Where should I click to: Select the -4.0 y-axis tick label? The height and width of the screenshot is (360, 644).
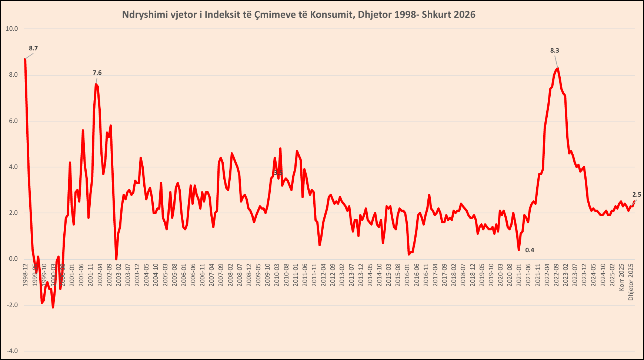12,351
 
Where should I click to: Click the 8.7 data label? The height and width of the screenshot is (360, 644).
33,49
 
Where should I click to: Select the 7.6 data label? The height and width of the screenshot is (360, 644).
97,73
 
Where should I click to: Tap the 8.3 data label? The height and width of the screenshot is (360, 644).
554,51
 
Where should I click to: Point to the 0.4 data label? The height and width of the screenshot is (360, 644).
530,250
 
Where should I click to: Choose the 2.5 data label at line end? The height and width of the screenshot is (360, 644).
637,195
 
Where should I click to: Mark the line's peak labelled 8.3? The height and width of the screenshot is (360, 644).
558,69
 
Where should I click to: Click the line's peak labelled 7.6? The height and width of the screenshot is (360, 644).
96,84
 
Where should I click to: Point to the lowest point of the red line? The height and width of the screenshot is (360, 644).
53,307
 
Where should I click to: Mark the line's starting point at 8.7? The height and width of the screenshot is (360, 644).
25,59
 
